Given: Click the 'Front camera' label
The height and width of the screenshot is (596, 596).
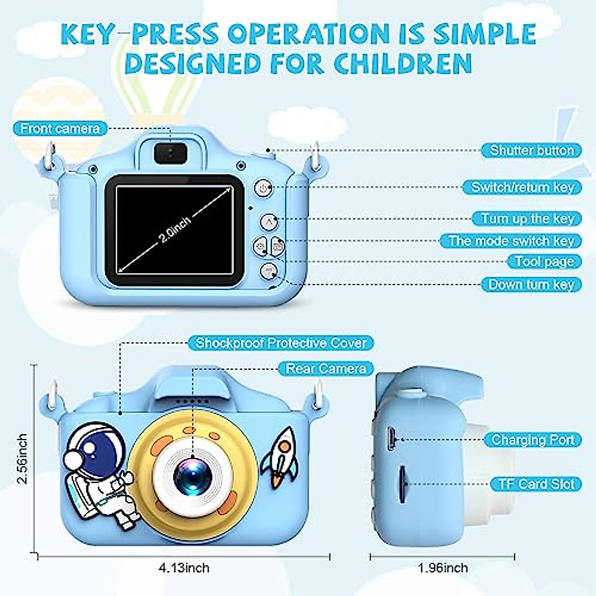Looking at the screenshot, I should coord(60,129).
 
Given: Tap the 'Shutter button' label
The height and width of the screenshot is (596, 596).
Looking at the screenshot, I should coord(531,150).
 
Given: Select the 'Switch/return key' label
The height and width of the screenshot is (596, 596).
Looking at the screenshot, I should coord(522,187).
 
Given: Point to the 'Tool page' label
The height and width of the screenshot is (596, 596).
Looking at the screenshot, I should coord(544,262).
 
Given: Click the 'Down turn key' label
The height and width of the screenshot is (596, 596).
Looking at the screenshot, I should coord(531,285).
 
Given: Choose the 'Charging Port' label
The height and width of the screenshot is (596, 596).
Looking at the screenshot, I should coord(532,440).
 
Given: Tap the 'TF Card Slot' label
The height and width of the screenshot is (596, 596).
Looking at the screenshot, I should coord(535,484).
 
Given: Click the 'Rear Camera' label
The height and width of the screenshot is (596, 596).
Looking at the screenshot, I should coord(326,369).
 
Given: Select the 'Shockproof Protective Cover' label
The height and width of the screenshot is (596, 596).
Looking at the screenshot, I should coord(281,343).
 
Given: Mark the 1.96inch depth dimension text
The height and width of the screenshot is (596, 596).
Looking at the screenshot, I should coord(443,568).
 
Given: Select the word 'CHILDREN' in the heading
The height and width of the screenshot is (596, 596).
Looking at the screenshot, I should coord(403,63).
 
